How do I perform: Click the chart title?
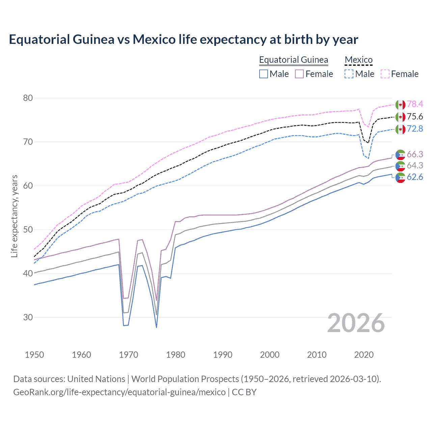coord(183,39)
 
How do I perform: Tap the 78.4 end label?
coord(415,104)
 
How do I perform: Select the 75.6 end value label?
coord(415,117)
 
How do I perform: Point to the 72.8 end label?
coord(415,129)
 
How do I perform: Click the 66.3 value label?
coord(415,155)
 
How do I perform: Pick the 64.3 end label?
coord(415,166)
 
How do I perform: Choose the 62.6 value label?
coord(415,177)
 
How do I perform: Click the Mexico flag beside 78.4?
coord(400,105)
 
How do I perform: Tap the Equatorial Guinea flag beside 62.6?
coord(400,178)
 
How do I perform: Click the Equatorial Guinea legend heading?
coord(293,60)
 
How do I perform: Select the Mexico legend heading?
coord(358,60)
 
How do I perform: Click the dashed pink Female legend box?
coord(385,74)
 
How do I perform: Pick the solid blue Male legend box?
coord(264,74)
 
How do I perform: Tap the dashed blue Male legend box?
coord(349,74)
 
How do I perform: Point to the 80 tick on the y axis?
coord(28,98)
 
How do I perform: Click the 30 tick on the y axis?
coord(28,318)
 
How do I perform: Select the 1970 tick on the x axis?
coord(129,355)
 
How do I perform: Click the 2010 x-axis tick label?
coord(317,355)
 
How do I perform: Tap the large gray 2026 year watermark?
coord(356,323)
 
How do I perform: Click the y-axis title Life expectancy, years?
coord(15,216)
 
